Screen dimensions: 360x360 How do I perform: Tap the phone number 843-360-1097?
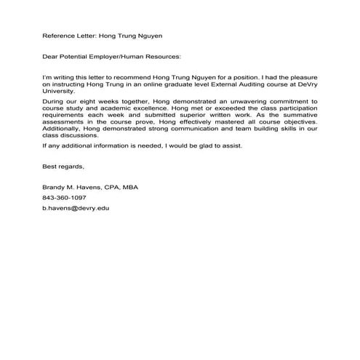click(64, 198)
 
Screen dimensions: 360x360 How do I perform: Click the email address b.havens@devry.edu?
click(76, 208)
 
